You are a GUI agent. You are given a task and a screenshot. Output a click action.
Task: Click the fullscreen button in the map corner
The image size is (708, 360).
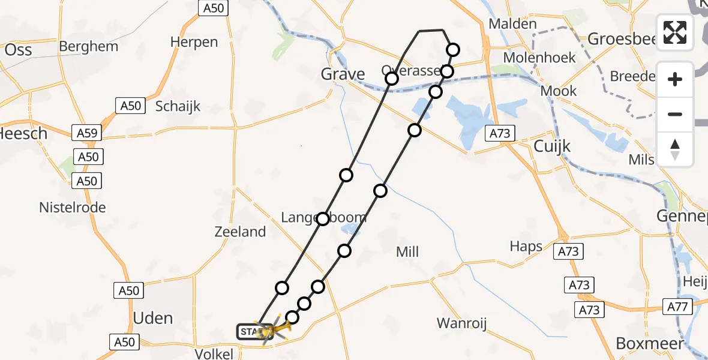click(x=675, y=32)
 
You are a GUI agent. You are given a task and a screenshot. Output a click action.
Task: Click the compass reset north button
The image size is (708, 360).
click(x=675, y=149)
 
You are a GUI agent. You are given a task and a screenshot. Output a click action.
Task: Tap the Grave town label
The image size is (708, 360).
click(x=343, y=74)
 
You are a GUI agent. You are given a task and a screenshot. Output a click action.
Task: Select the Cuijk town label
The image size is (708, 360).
click(x=552, y=147)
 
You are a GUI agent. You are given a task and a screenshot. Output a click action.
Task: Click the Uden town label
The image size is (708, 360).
click(x=153, y=318)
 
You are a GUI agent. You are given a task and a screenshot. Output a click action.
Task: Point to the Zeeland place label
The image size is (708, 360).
click(x=240, y=232)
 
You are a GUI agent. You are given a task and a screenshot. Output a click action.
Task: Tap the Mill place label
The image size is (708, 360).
click(x=407, y=252)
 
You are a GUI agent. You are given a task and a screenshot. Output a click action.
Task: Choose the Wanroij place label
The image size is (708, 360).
click(x=461, y=324)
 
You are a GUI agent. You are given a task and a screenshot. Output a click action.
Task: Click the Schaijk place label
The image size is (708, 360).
click(x=178, y=106)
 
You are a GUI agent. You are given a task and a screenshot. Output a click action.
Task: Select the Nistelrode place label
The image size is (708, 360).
click(x=72, y=208)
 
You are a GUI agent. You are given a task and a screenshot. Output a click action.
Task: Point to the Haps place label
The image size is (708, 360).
click(x=526, y=246)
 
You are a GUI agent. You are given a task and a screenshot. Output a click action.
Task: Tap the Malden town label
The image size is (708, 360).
click(x=512, y=24)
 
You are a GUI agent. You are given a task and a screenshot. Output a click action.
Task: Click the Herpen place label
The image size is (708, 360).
click(x=194, y=42)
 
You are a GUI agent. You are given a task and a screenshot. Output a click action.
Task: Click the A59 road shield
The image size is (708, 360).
click(x=85, y=133)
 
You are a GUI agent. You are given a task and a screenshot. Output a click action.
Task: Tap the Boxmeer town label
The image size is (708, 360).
click(x=650, y=343)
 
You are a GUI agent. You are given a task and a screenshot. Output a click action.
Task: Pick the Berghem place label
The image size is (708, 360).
click(x=89, y=46)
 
